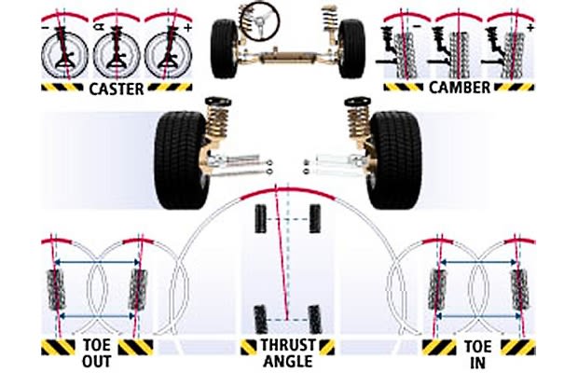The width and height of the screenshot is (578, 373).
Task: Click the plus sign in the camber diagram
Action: [530, 29]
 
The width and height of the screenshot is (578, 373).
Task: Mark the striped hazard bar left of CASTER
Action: [62, 90]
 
